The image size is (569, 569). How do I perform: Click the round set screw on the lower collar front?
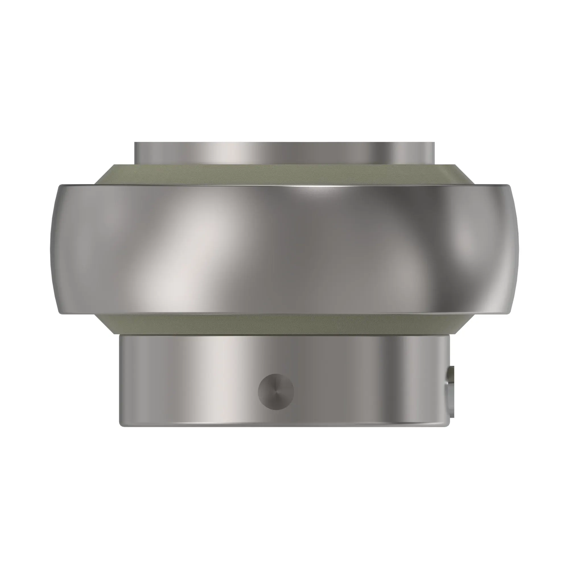click(x=276, y=392)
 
